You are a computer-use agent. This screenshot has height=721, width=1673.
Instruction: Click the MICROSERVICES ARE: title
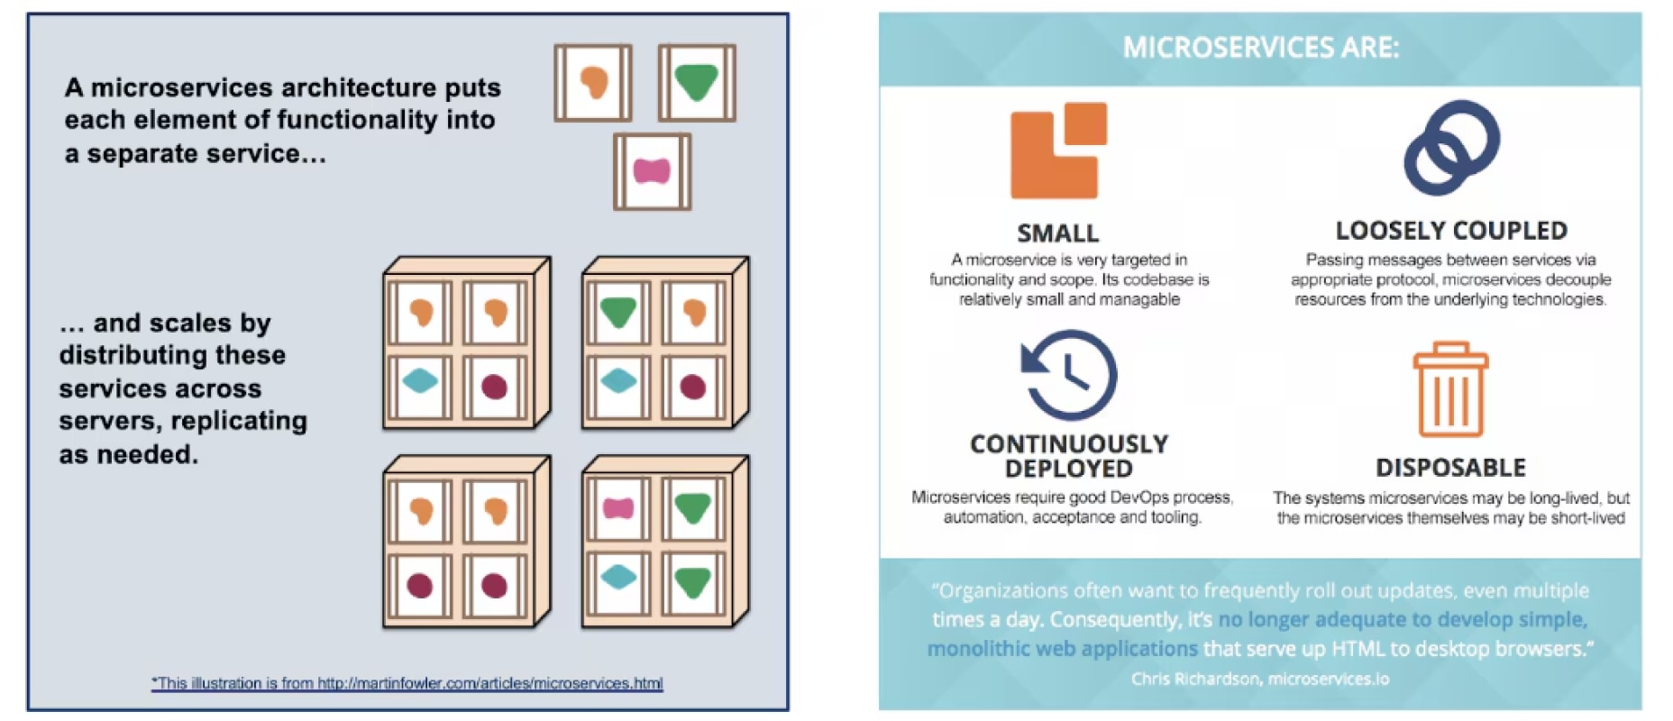click(x=1260, y=48)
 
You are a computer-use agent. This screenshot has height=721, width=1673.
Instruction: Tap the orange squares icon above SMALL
click(x=1058, y=151)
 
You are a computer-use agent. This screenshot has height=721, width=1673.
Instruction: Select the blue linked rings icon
click(x=1451, y=148)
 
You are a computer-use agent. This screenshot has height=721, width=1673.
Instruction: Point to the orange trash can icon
click(x=1450, y=388)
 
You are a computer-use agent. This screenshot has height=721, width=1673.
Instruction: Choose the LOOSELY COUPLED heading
click(x=1451, y=231)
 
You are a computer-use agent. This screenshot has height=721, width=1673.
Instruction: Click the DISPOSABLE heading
click(x=1450, y=468)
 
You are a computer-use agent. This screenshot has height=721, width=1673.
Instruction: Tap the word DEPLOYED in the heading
click(x=1069, y=469)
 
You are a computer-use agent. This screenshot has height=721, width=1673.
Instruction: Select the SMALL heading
click(x=1058, y=233)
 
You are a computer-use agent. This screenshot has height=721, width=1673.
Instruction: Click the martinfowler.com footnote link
click(x=407, y=683)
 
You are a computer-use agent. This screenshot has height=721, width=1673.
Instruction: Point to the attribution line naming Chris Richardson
click(x=1260, y=679)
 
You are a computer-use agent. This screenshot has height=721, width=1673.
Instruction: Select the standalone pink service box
click(x=652, y=171)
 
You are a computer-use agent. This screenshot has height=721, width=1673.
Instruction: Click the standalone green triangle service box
click(x=696, y=83)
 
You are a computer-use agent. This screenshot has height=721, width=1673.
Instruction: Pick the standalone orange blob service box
click(x=593, y=83)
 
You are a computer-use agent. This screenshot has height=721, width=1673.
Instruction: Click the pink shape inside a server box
click(x=618, y=509)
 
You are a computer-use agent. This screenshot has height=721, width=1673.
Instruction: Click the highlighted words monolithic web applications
click(x=1062, y=649)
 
